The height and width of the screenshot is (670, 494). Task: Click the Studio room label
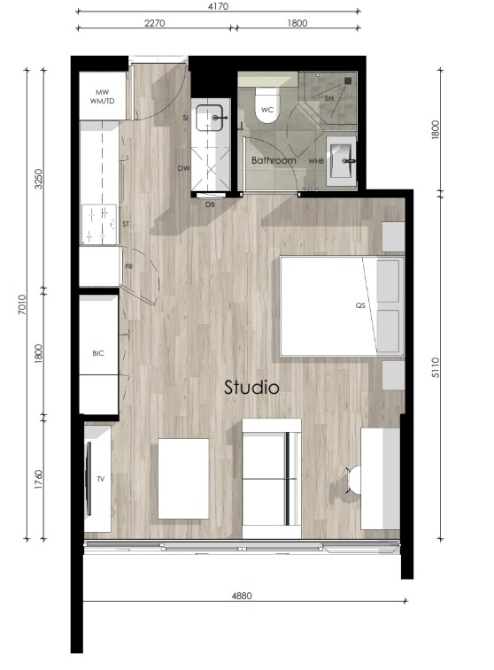tap(251, 388)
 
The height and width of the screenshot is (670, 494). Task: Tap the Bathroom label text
tap(273, 161)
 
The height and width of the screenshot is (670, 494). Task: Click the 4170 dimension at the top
tap(218, 5)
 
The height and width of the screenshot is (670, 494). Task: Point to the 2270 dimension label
tap(154, 25)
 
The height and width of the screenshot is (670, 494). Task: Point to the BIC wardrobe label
tap(98, 353)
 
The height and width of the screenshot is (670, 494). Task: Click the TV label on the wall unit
tap(101, 479)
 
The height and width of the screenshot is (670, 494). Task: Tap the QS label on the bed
tap(360, 305)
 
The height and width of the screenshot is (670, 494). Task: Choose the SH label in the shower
tap(328, 97)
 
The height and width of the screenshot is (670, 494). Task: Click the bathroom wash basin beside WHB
tap(342, 162)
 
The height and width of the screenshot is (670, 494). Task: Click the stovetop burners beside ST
tap(99, 223)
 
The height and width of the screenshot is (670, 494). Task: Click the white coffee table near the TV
tap(183, 479)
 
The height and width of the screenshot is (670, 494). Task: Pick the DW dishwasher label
tap(183, 168)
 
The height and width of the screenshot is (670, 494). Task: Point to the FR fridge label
tap(128, 266)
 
